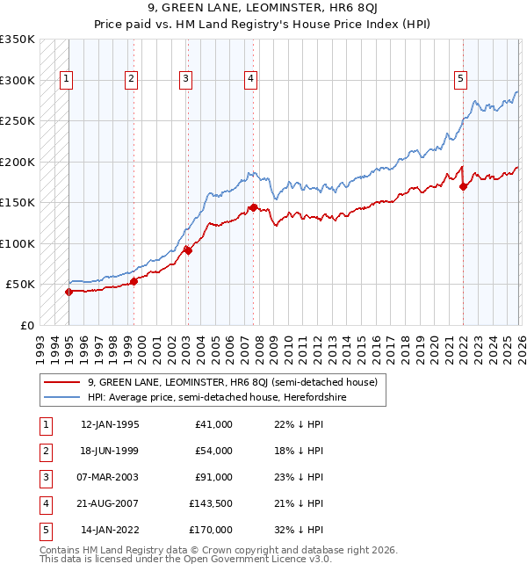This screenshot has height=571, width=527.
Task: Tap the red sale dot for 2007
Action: [253, 208]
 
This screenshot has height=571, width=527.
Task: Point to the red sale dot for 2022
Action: [463, 187]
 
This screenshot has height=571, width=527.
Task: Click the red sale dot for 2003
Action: [188, 250]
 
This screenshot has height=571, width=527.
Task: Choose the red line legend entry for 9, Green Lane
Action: [233, 382]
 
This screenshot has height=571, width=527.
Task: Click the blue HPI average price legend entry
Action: [217, 398]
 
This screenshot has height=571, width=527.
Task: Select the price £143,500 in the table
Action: [211, 503]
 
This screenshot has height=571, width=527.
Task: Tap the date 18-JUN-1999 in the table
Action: [110, 451]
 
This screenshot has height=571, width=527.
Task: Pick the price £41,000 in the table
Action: [214, 424]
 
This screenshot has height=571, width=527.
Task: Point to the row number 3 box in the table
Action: [44, 477]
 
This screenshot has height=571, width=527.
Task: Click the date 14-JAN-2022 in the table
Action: [110, 530]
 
